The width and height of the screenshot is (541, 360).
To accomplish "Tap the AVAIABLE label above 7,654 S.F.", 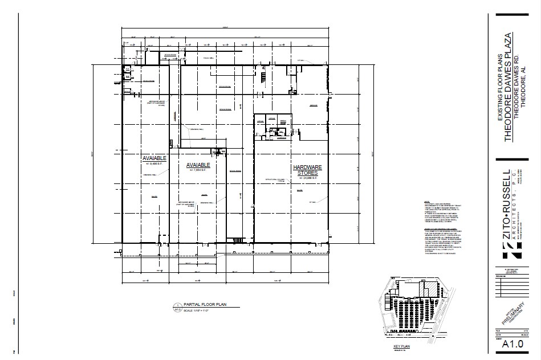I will [199, 165].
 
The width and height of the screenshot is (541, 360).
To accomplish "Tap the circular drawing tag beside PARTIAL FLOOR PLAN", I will [177, 307].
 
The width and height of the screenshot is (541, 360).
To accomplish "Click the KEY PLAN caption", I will [402, 346].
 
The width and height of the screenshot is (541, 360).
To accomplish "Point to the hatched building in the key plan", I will [423, 290].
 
